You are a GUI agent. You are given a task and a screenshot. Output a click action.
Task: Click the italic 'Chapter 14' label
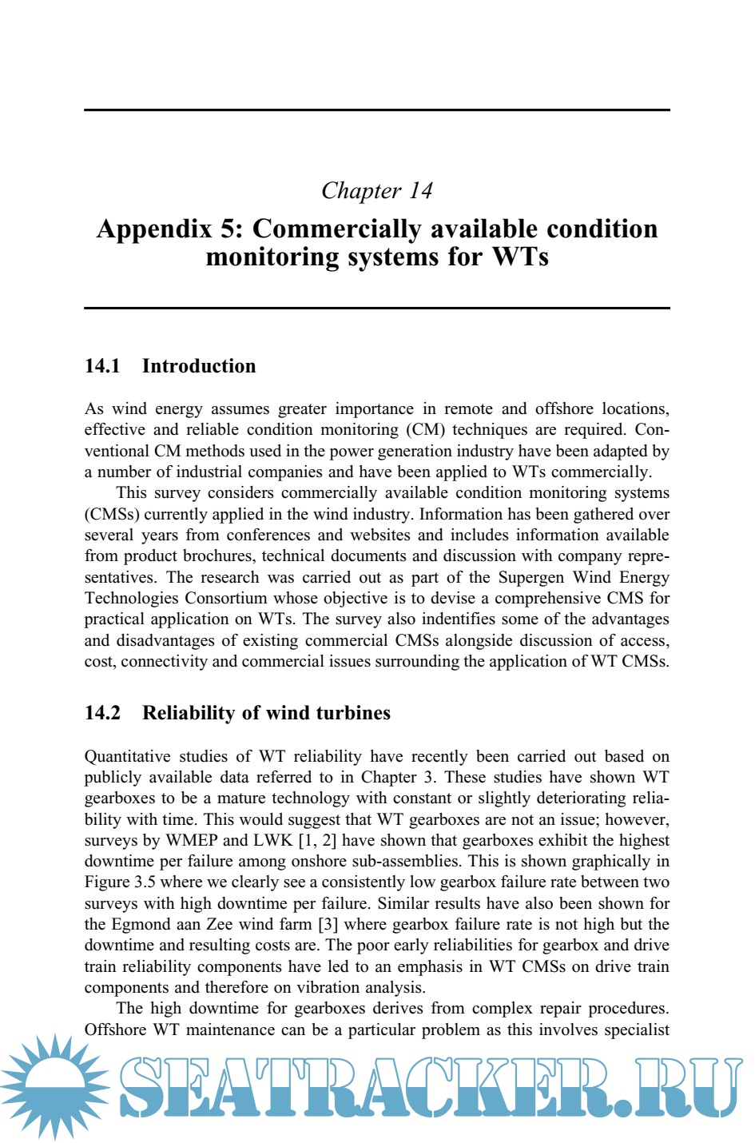(376, 191)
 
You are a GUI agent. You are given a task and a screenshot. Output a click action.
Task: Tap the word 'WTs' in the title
(520, 257)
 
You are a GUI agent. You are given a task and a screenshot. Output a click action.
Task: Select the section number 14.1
(102, 366)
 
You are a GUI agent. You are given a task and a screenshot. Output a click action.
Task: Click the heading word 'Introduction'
(199, 366)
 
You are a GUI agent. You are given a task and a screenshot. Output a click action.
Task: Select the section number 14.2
(102, 713)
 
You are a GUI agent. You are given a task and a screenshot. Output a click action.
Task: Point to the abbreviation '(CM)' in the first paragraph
(425, 430)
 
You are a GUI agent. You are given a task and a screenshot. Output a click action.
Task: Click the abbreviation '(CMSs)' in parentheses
(112, 514)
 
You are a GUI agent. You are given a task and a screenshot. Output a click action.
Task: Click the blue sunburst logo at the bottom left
(54, 1085)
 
